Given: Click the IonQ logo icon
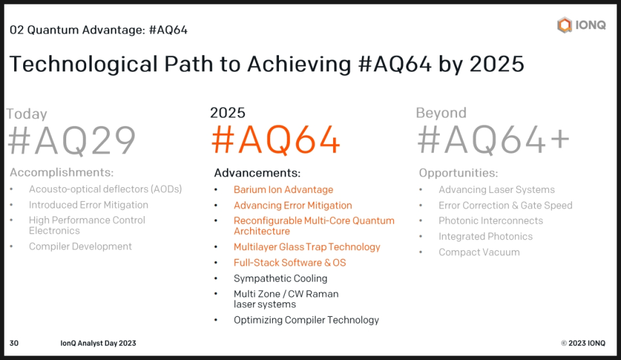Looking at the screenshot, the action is pyautogui.click(x=564, y=25).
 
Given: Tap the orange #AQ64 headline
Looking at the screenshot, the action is pyautogui.click(x=276, y=139).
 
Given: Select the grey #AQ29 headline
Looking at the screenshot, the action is pyautogui.click(x=72, y=140).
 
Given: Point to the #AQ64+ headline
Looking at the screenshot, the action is pyautogui.click(x=494, y=139).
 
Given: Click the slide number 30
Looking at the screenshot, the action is pyautogui.click(x=14, y=343).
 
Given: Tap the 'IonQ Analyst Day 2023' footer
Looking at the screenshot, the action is pyautogui.click(x=98, y=343).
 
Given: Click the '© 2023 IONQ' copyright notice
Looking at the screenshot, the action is pyautogui.click(x=583, y=343).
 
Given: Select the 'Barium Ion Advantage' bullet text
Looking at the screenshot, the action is pyautogui.click(x=283, y=190).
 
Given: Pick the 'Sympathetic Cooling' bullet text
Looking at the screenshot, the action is pyautogui.click(x=280, y=278).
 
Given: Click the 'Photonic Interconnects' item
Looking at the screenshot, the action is pyautogui.click(x=491, y=221).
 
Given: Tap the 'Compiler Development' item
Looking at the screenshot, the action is pyautogui.click(x=80, y=246).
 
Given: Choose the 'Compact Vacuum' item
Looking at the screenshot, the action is pyautogui.click(x=479, y=252).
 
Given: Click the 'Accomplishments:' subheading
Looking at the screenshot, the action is pyautogui.click(x=62, y=172).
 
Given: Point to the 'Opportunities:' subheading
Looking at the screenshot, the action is pyautogui.click(x=458, y=173).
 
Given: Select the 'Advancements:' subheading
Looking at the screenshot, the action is pyautogui.click(x=257, y=173).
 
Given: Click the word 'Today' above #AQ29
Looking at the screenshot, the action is pyautogui.click(x=26, y=114).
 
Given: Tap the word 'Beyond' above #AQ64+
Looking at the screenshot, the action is pyautogui.click(x=441, y=113).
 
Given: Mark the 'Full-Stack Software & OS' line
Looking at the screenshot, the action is pyautogui.click(x=290, y=262).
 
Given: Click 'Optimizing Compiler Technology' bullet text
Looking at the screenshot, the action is pyautogui.click(x=306, y=320).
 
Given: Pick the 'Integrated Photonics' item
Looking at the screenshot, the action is pyautogui.click(x=485, y=237).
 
